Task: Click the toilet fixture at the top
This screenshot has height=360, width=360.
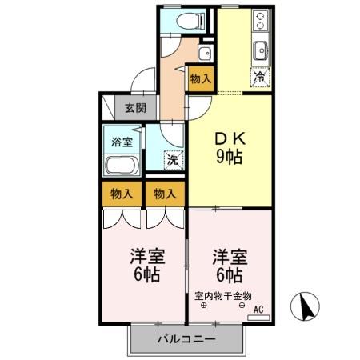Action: coord(189,21)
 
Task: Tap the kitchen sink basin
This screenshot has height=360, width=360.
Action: coord(262,54)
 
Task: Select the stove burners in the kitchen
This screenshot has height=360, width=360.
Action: coord(262,21)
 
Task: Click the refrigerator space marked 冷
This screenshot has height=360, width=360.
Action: coord(261,78)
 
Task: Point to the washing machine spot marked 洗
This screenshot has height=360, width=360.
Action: coord(174,159)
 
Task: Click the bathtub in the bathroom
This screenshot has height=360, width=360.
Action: coord(122,166)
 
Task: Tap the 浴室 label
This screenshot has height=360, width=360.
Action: coord(122,142)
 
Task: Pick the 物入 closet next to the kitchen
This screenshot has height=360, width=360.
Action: coord(200,78)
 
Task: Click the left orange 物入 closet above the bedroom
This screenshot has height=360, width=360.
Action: coord(122,194)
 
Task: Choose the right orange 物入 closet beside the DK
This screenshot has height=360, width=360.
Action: coord(165,194)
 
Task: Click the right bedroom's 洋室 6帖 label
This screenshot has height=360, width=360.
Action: coord(230,266)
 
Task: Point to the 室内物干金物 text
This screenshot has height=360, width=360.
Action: coord(223,295)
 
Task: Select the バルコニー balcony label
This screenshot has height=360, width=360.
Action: coord(186,339)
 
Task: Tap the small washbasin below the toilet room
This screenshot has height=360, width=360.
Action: coord(204,54)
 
